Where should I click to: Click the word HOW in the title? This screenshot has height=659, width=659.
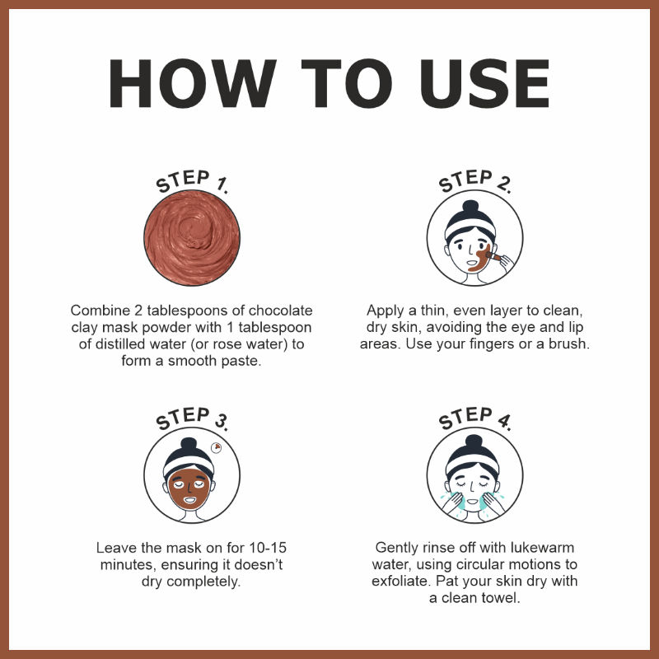pos(192,83)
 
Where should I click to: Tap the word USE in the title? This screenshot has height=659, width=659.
pos(484,83)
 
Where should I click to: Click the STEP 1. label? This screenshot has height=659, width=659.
pos(192,180)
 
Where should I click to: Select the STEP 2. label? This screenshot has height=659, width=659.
pos(475,180)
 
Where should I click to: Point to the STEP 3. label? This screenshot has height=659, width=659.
pos(192,418)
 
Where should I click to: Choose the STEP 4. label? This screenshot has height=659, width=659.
pos(475,418)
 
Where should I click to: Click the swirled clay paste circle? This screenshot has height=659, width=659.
pos(192,238)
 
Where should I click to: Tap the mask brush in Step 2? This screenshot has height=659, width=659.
pos(493,256)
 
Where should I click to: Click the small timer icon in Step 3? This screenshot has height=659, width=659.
pos(216,447)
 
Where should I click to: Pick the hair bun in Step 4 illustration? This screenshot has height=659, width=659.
pos(474,441)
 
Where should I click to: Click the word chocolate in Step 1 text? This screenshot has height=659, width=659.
pos(280,311)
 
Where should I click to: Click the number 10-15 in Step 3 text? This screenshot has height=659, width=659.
pos(268,548)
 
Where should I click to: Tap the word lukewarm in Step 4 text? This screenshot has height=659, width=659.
pos(542,548)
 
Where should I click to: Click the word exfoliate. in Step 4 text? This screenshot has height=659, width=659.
pos(401,581)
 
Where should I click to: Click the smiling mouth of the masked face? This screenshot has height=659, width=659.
pos(190,500)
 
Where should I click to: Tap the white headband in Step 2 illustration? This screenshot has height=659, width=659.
pos(470,227)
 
